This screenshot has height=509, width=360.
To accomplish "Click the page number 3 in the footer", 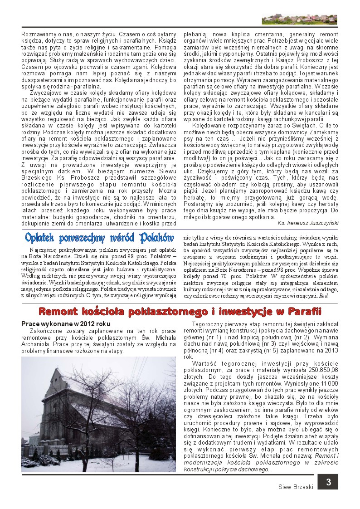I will click(x=328, y=482).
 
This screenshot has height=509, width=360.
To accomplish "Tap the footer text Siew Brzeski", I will click(x=296, y=487).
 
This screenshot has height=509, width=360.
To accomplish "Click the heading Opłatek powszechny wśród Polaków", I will click(x=100, y=238).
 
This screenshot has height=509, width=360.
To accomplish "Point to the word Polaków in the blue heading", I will click(x=157, y=238).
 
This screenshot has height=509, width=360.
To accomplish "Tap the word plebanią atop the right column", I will click(x=195, y=34).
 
